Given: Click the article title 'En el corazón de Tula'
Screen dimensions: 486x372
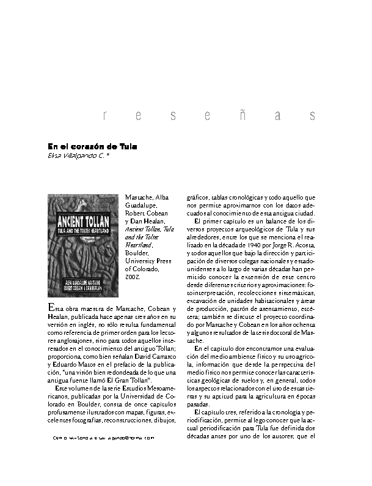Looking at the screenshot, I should tap(92, 147).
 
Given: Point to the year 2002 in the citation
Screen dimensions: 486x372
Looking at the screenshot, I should tap(133, 277).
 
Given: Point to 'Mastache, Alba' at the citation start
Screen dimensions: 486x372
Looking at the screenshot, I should tap(144, 197).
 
